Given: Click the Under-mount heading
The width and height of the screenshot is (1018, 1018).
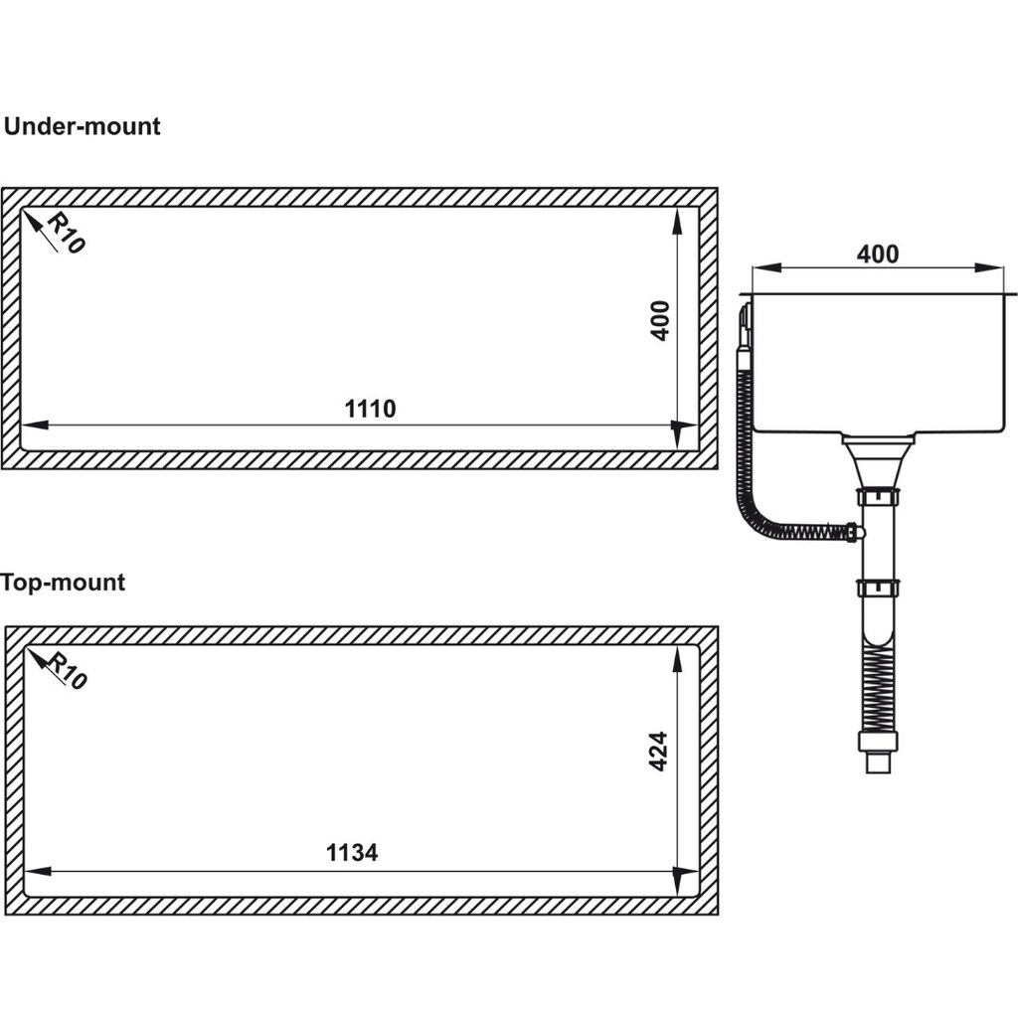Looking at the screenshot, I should tap(82, 126).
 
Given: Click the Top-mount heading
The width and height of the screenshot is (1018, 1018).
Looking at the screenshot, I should tap(63, 583).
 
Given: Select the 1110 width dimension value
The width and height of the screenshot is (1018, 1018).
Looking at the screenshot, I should tap(370, 409).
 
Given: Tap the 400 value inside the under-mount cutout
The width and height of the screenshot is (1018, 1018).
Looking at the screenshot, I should tap(659, 320).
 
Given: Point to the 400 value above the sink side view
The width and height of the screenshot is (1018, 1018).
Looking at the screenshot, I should tap(877, 254).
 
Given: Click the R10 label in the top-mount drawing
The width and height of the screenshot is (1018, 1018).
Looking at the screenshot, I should tap(67, 672).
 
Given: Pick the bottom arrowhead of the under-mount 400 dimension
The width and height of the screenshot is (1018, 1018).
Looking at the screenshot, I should tap(678, 434).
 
